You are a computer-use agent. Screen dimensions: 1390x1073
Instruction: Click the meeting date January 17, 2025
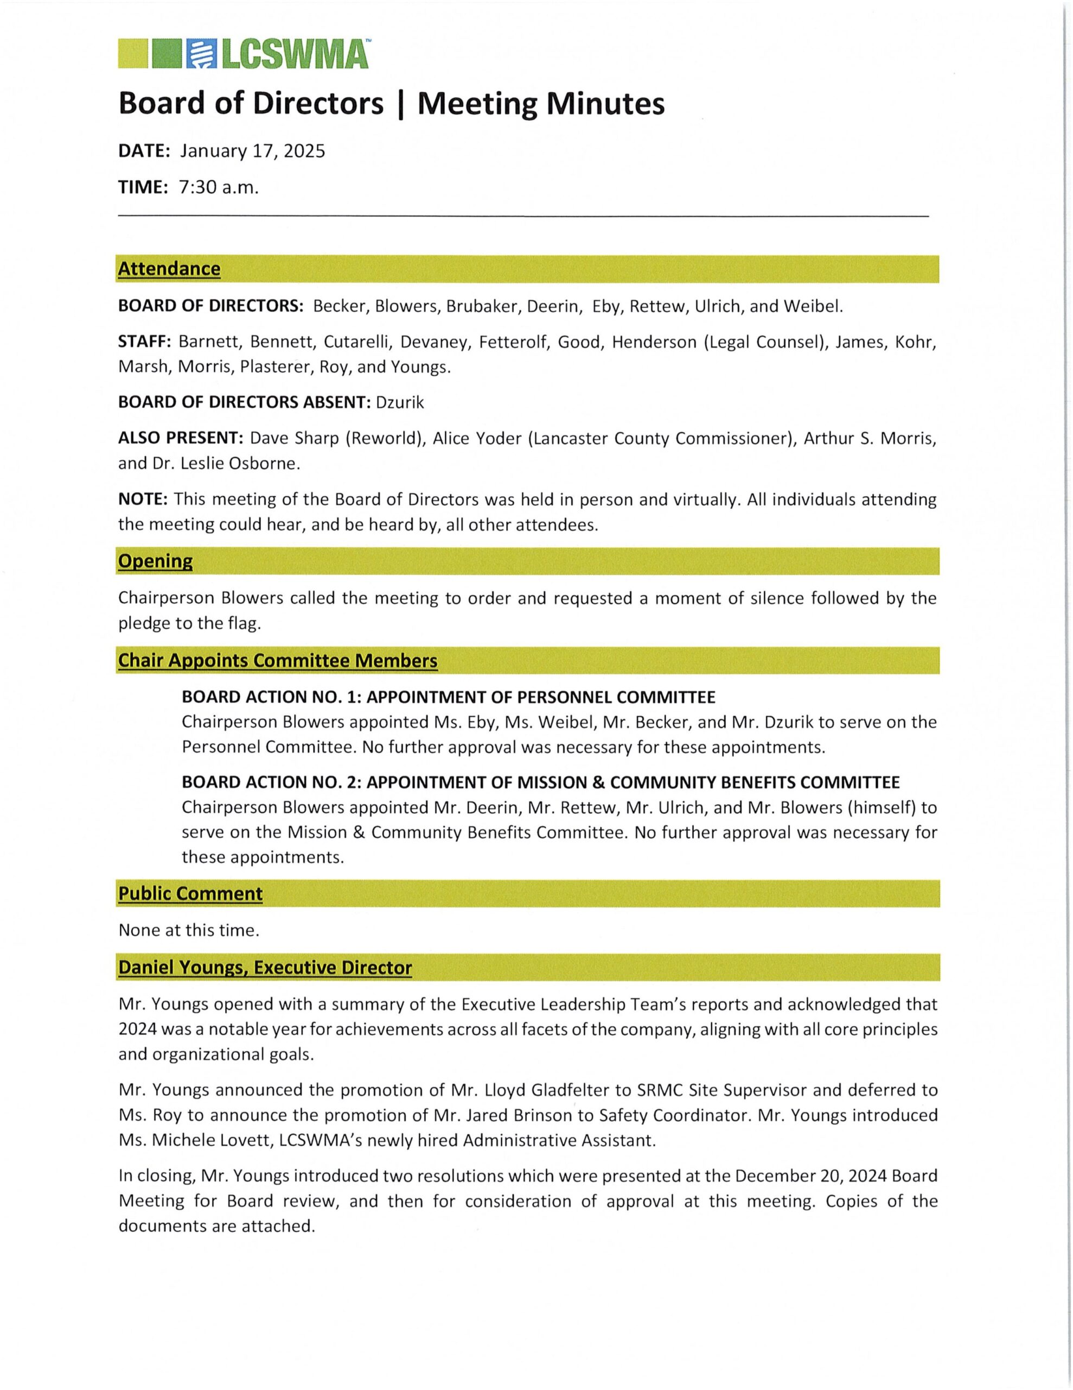coord(252,151)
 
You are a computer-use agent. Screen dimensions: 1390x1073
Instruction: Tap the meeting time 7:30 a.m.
coord(219,187)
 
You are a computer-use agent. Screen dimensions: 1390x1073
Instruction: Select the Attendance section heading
coord(169,269)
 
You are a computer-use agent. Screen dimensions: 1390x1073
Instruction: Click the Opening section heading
coord(155,561)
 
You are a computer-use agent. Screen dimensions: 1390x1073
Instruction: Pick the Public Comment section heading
coord(190,894)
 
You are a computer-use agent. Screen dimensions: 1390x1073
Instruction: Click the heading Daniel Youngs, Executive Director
coord(265,968)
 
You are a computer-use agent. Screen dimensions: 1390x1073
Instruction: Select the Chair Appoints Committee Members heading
coord(277,661)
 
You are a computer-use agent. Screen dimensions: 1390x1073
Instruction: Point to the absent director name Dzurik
coord(400,402)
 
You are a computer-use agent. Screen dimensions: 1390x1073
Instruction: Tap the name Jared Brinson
coord(520,1115)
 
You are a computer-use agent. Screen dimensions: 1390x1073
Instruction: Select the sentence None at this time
coord(189,931)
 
